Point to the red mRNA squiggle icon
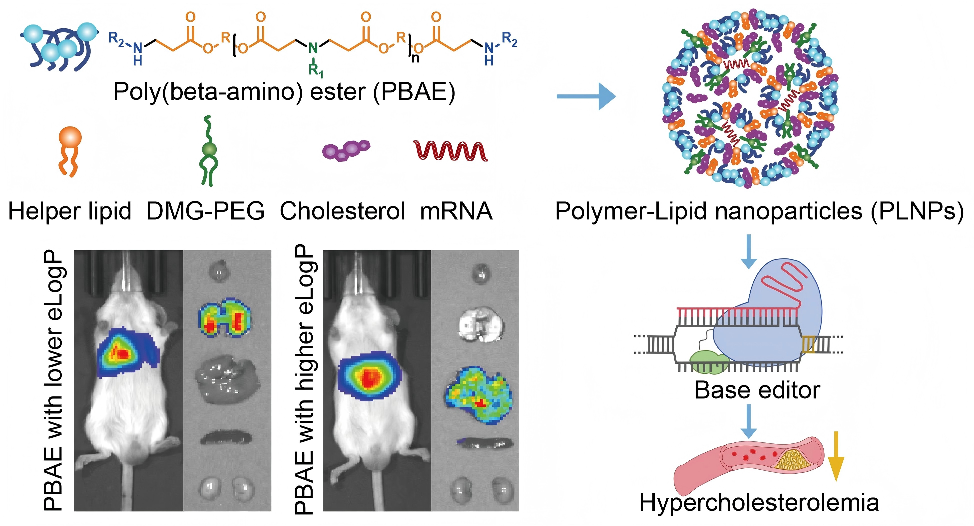(450, 150)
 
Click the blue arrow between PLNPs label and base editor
(749, 252)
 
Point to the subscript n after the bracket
(415, 58)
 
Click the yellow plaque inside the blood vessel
(790, 460)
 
